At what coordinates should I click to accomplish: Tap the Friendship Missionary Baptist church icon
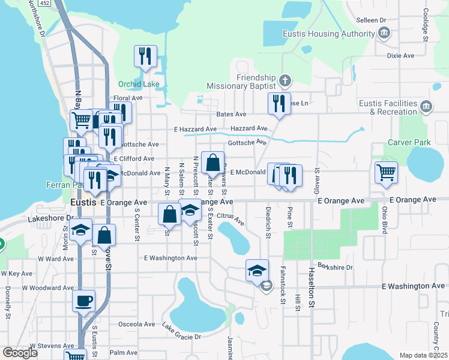coord(286,80)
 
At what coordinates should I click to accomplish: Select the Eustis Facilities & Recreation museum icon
coord(426,107)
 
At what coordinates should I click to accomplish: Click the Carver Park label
coord(410,142)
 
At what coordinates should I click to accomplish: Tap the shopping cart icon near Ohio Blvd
coord(386,172)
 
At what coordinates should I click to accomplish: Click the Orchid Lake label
coord(139,84)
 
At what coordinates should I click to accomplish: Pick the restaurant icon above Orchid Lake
coord(145,56)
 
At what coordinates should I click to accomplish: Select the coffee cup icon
coord(83,300)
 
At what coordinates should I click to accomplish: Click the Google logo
coord(20,353)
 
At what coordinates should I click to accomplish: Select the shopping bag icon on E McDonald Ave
coord(213,162)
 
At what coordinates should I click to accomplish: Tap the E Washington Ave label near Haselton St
coord(414,286)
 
